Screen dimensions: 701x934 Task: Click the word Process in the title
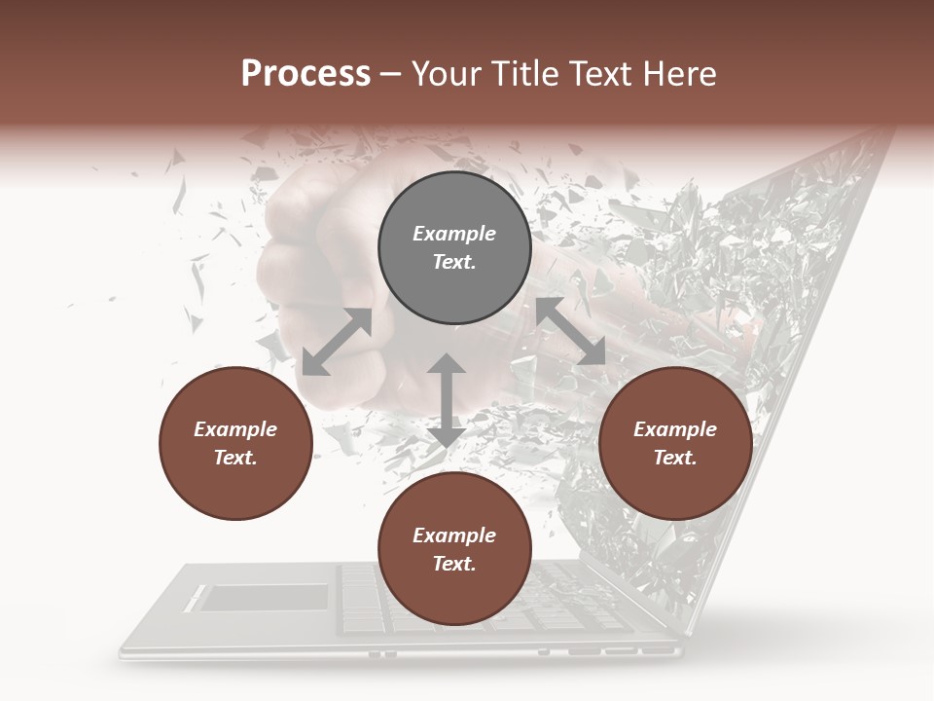coord(305,74)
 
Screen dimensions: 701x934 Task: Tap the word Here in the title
coord(679,74)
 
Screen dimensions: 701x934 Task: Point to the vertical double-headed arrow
coord(447,400)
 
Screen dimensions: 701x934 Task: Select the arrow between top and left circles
coord(337,342)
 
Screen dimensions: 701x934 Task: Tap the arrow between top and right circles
coord(570,332)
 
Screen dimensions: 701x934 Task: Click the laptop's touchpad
coord(264,597)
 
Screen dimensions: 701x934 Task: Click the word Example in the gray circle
coord(454,234)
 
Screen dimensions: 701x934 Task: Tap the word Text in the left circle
coord(235,458)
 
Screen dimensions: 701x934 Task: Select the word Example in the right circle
coord(675,429)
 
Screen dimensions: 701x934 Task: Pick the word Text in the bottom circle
coord(454,564)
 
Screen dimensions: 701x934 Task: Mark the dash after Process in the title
coord(390,75)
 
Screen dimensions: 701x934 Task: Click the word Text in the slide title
coord(597,74)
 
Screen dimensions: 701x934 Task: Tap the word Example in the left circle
coord(235,429)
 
